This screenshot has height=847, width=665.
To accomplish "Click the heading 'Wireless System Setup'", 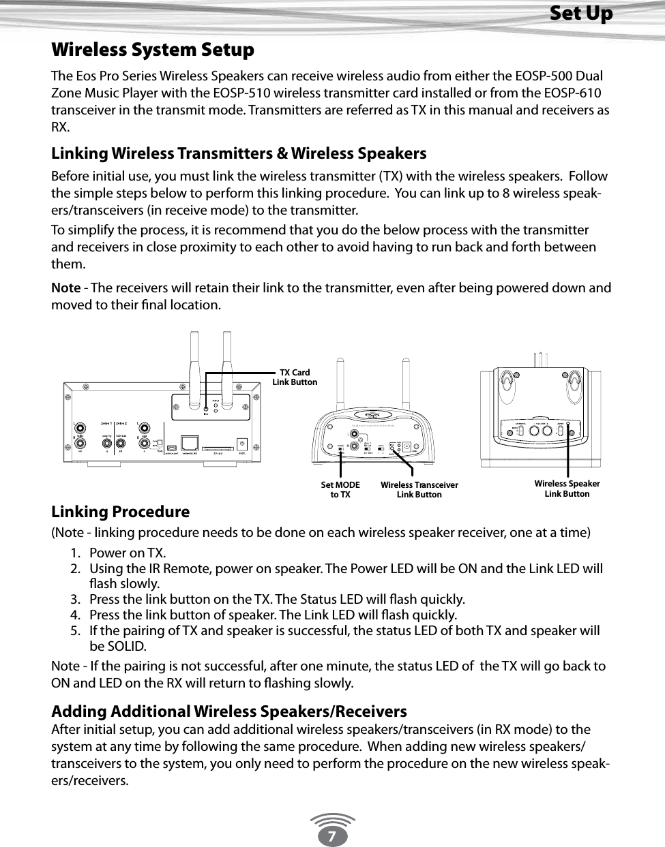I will click(153, 50).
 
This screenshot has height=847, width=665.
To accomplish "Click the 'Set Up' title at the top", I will click(580, 13).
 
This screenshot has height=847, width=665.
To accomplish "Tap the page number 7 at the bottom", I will click(331, 835).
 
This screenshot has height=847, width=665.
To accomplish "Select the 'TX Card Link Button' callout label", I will click(295, 377).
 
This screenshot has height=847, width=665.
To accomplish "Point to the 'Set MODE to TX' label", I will click(340, 489).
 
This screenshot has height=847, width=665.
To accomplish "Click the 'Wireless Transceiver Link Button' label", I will click(419, 489).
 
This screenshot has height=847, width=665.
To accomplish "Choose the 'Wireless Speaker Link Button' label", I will click(567, 489).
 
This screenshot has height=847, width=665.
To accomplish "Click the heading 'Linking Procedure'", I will click(121, 512).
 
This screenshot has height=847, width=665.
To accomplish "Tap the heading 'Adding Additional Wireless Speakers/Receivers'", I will click(229, 711).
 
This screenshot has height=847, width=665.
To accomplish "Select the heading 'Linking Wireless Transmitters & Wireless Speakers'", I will click(239, 153).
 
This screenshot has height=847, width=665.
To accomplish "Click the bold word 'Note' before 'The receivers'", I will click(65, 288).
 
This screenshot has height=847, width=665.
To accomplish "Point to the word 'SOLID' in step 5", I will click(127, 646).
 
